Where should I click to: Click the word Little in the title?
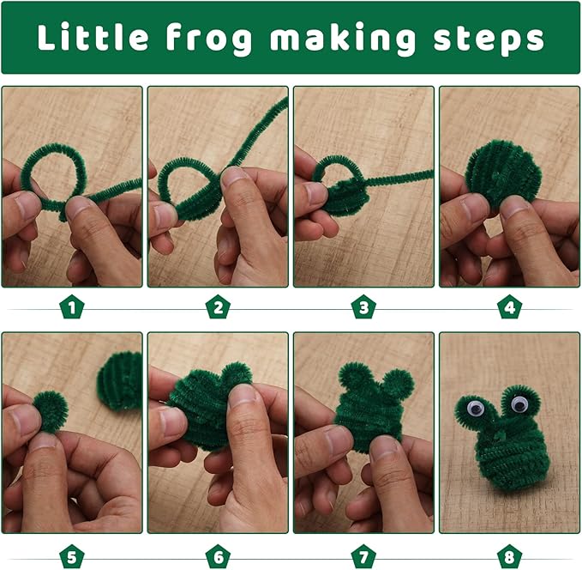point(93,37)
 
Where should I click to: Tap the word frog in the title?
point(209,39)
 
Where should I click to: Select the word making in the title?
point(343,39)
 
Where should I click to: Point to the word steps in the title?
point(489,39)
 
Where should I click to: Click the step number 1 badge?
point(72,307)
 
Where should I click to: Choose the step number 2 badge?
point(218,307)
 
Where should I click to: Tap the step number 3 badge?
point(363,307)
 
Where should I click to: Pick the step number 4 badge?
point(510,307)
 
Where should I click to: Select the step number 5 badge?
point(72,556)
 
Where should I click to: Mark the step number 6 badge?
point(218,556)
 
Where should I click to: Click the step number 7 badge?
point(363,556)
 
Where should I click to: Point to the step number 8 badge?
point(510,556)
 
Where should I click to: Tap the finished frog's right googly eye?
point(519,403)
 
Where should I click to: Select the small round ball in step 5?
point(51,412)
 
